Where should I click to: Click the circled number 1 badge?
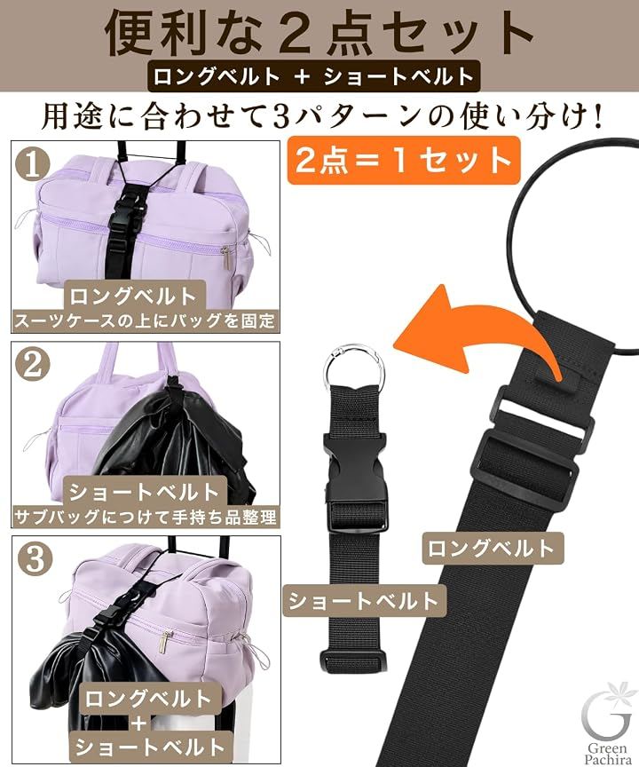pyautogui.click(x=34, y=165)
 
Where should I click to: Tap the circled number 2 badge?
pyautogui.click(x=33, y=365)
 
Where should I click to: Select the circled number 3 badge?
pyautogui.click(x=35, y=559)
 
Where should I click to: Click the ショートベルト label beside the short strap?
pyautogui.click(x=364, y=601)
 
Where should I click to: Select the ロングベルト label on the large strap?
pyautogui.click(x=493, y=548)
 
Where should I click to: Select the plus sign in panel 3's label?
pyautogui.click(x=139, y=724)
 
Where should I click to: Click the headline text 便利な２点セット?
pyautogui.click(x=319, y=32)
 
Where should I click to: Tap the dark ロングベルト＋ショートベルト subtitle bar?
pyautogui.click(x=315, y=77)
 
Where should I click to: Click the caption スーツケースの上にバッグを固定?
pyautogui.click(x=145, y=320)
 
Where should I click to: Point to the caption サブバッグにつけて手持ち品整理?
pyautogui.click(x=146, y=517)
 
